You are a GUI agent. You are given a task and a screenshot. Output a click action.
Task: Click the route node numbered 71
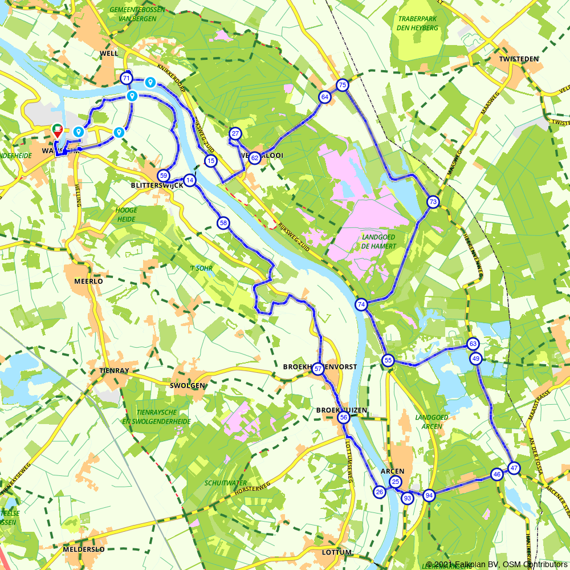[x=126, y=78]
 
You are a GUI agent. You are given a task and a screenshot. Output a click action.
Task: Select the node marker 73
[x=433, y=202]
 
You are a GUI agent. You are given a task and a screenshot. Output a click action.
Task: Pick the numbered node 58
[x=223, y=223]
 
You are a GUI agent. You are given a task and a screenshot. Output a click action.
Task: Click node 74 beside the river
[x=361, y=305]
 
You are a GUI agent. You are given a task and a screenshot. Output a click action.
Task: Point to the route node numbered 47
[x=514, y=468]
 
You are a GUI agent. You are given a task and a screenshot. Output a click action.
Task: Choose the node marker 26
[x=380, y=492]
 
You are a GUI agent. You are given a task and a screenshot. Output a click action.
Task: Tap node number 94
[x=429, y=495]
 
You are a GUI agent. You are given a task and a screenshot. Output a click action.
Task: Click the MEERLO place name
[x=88, y=281]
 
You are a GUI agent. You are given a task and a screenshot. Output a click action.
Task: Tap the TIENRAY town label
[x=114, y=370]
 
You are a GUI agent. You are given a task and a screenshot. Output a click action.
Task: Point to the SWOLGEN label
[x=187, y=386]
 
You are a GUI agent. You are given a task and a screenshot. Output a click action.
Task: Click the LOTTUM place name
[x=336, y=552]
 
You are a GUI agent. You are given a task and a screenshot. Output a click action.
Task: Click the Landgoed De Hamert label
[x=378, y=241]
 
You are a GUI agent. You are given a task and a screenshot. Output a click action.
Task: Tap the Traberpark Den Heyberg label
[x=418, y=22]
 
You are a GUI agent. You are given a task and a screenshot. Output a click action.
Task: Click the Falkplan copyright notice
[x=496, y=564]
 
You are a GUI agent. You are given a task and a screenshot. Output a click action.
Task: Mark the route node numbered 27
[x=235, y=134]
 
